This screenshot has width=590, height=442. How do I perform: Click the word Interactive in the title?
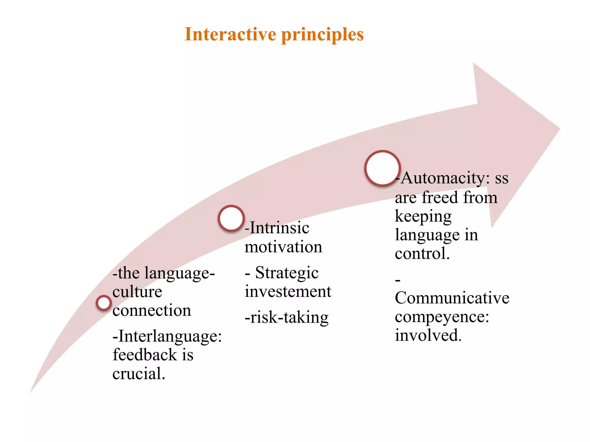tap(230, 35)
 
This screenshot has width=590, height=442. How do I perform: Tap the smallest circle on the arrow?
tap(104, 303)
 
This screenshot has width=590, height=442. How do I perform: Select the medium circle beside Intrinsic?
tap(231, 218)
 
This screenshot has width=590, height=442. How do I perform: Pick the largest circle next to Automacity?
tap(382, 168)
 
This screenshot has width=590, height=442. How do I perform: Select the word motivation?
tap(283, 247)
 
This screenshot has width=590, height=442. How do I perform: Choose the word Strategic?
tap(287, 273)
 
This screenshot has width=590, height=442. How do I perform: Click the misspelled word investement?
tap(288, 292)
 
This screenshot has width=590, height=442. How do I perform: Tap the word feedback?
tap(145, 355)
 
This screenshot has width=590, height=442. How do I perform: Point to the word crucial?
tap(138, 374)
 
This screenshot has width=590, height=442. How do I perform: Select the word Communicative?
tap(452, 298)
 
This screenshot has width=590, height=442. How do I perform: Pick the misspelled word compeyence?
tap(442, 317)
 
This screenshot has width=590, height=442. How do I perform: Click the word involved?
tap(428, 336)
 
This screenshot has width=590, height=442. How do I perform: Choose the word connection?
tap(152, 310)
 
